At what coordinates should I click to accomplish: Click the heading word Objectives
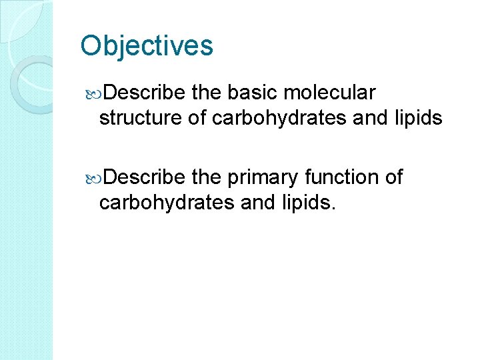[147, 46]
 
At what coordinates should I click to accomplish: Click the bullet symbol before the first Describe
[93, 92]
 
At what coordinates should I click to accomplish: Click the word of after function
[394, 177]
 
